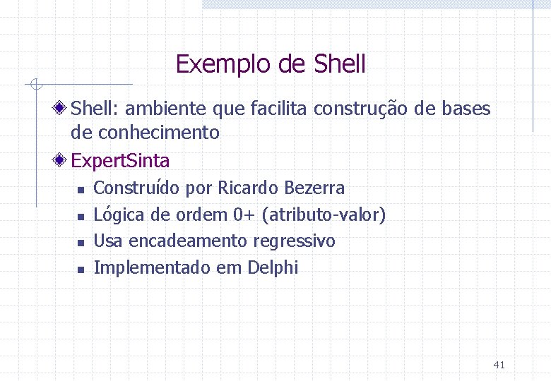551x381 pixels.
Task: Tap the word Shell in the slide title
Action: pyautogui.click(x=338, y=64)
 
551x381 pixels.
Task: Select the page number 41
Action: pyautogui.click(x=499, y=365)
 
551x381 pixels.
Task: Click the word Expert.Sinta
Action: pyautogui.click(x=120, y=161)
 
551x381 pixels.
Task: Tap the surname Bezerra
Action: pyautogui.click(x=314, y=188)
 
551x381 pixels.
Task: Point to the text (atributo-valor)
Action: pyautogui.click(x=324, y=214)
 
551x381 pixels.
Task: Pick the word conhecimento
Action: pyautogui.click(x=159, y=132)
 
